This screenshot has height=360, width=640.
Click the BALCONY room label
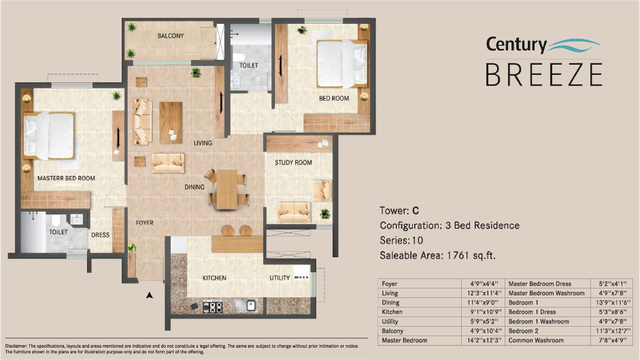click(171, 36)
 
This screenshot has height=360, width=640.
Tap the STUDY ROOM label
click(293, 163)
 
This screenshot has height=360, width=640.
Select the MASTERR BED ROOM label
click(66, 178)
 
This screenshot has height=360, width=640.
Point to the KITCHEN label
click(214, 278)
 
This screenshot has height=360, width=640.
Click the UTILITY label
click(279, 278)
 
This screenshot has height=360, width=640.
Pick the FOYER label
click(144, 223)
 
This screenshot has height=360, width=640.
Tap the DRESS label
click(100, 235)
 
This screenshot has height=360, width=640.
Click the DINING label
click(195, 186)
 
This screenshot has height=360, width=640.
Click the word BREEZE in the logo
click(543, 73)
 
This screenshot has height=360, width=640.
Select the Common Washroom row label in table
click(536, 340)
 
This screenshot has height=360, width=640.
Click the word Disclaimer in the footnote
click(16, 346)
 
